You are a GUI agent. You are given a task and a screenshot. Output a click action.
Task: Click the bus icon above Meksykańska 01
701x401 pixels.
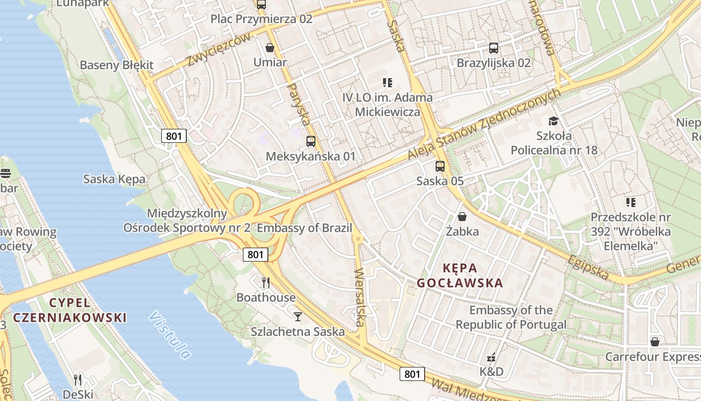coord(310,141)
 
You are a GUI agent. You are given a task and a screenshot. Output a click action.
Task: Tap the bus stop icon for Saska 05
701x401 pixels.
coord(440,166)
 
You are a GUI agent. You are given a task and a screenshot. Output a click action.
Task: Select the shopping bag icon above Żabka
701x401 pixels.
coord(462,217)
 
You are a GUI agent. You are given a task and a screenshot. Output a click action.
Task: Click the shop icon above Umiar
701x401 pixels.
coord(270,48)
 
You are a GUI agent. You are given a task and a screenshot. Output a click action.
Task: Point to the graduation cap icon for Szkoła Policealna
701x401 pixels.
coord(553,121)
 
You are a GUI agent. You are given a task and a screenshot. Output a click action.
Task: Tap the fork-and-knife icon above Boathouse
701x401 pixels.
coord(266,283)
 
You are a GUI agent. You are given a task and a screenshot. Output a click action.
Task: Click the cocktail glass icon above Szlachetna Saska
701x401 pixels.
coord(298,316)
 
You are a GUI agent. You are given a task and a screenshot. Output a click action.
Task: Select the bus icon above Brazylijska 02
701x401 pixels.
coord(493,48)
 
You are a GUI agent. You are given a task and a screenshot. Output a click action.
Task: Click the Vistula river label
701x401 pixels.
coord(170,335)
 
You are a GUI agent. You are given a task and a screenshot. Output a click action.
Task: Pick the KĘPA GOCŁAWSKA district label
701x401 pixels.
coord(460,275)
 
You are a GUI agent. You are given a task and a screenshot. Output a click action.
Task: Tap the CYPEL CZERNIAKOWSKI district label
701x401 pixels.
coord(70,310)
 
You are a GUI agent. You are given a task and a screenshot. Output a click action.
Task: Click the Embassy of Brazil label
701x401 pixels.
coord(304,228)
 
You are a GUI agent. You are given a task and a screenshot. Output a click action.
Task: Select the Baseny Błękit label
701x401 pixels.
coord(117,65)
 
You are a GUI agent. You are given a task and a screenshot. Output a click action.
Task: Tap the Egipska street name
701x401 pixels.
coord(588,267)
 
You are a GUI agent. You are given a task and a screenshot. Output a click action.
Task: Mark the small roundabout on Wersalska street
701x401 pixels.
coord(358,239)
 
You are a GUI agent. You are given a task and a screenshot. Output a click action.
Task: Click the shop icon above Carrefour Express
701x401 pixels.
coord(654,342)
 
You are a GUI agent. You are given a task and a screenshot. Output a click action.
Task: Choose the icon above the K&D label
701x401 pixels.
coord(491,358)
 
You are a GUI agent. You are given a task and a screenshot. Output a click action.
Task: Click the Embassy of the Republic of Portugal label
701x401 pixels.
coord(511,317)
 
